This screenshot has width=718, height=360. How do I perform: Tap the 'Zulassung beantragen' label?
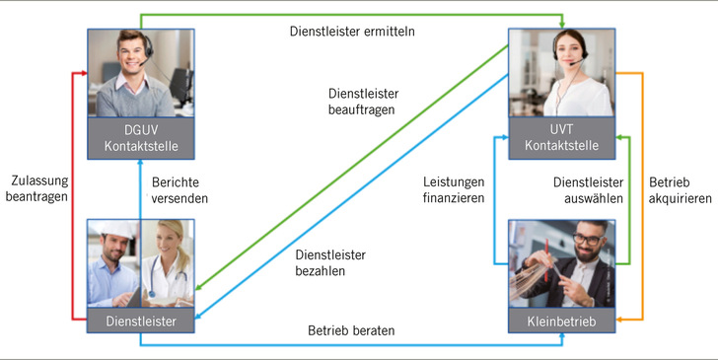(x=38, y=189)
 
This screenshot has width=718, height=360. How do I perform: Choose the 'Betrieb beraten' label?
(x=351, y=331)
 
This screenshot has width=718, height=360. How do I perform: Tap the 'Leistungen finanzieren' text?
(x=454, y=189)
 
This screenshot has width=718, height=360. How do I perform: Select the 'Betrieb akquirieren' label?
(x=680, y=189)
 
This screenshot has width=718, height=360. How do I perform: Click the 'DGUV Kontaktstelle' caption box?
(x=140, y=139)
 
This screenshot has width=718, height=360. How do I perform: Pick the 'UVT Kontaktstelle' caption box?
(x=563, y=139)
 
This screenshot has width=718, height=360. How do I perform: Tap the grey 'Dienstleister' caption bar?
(x=140, y=321)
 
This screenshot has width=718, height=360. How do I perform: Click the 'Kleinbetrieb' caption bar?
(x=562, y=321)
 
